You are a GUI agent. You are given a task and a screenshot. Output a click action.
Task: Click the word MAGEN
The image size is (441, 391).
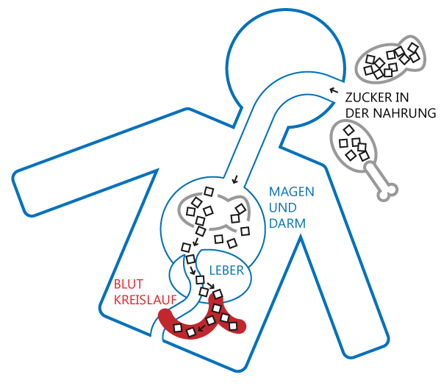(291, 192)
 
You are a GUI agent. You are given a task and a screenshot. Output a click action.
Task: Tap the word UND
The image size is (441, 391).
(282, 208)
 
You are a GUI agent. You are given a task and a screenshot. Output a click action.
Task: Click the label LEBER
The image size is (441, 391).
(226, 270)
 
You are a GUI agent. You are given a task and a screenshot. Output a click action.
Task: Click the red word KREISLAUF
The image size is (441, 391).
(145, 301)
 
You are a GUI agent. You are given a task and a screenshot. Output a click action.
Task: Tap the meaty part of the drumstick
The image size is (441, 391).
(351, 143)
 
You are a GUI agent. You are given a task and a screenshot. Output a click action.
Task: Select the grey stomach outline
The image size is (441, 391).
(213, 209)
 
